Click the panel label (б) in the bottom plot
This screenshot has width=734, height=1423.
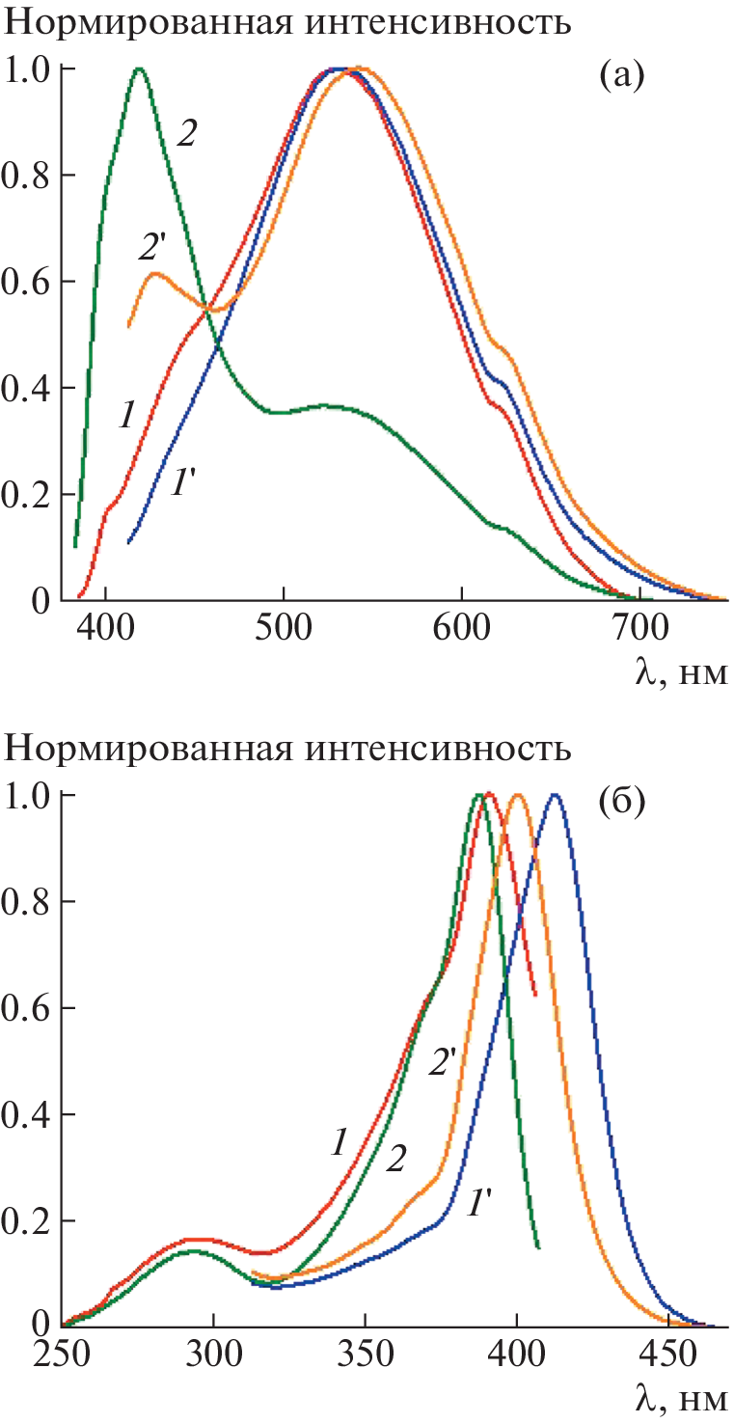pyautogui.click(x=621, y=802)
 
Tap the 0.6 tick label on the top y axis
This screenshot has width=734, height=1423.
pyautogui.click(x=30, y=282)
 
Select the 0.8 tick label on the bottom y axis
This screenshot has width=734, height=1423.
pyautogui.click(x=30, y=902)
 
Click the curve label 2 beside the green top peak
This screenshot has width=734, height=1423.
pyautogui.click(x=187, y=134)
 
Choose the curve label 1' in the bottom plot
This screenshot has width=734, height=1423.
pyautogui.click(x=482, y=1203)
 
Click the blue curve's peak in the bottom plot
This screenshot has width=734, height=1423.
pyautogui.click(x=554, y=795)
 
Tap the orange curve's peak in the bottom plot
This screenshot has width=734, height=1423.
pyautogui.click(x=518, y=795)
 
